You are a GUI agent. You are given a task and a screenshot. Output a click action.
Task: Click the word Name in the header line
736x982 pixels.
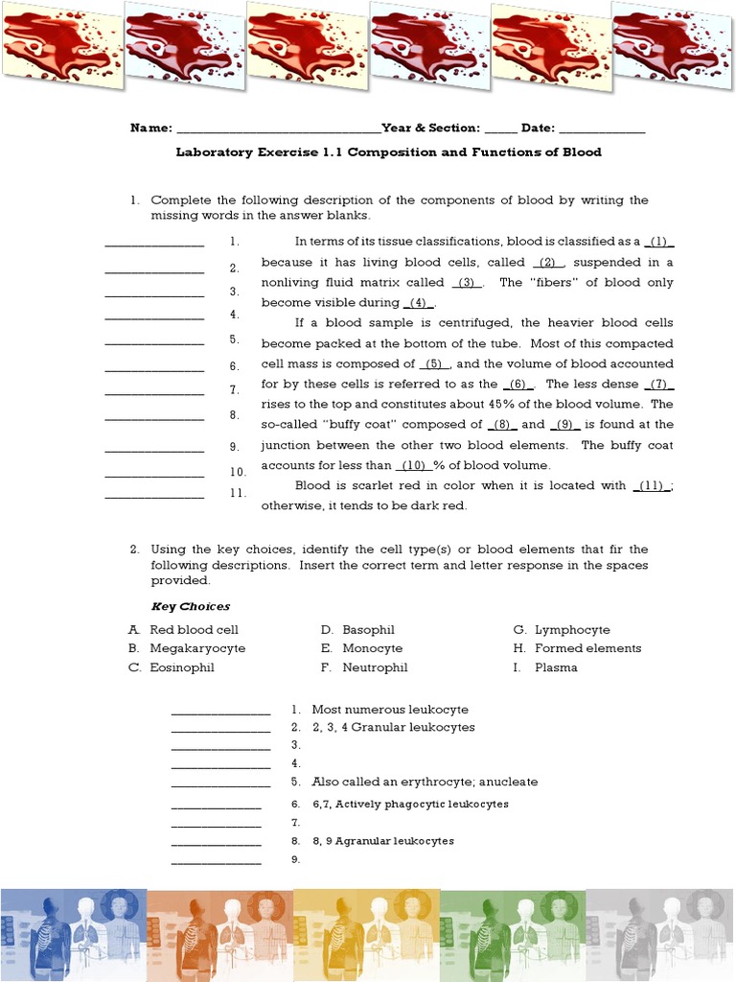(x=150, y=129)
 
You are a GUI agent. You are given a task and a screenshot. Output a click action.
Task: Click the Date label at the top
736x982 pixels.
(x=538, y=129)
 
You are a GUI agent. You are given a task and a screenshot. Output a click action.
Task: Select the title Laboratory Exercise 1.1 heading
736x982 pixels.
(x=388, y=152)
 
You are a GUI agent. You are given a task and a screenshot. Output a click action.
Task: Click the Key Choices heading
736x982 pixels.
(x=191, y=606)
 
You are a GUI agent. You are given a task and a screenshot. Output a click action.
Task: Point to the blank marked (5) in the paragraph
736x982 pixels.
(x=434, y=364)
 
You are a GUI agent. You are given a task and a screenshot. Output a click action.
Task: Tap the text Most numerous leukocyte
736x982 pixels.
(x=390, y=710)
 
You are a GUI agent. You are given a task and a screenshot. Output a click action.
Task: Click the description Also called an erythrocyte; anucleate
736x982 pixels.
(x=425, y=783)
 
